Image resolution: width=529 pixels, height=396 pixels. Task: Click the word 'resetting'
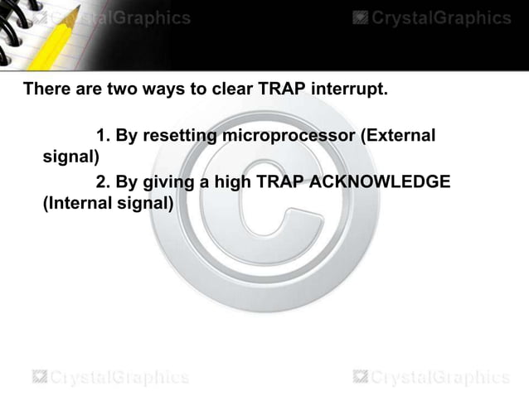(179, 134)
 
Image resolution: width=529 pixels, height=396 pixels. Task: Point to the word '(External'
(396, 134)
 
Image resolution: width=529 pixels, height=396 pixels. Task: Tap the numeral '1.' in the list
(104, 134)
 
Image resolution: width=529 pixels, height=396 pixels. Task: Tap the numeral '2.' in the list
(104, 181)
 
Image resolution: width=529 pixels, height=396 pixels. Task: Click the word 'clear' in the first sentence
(218, 89)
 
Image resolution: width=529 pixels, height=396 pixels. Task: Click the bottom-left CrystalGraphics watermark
(110, 378)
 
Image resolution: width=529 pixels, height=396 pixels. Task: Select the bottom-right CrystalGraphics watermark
(431, 378)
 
